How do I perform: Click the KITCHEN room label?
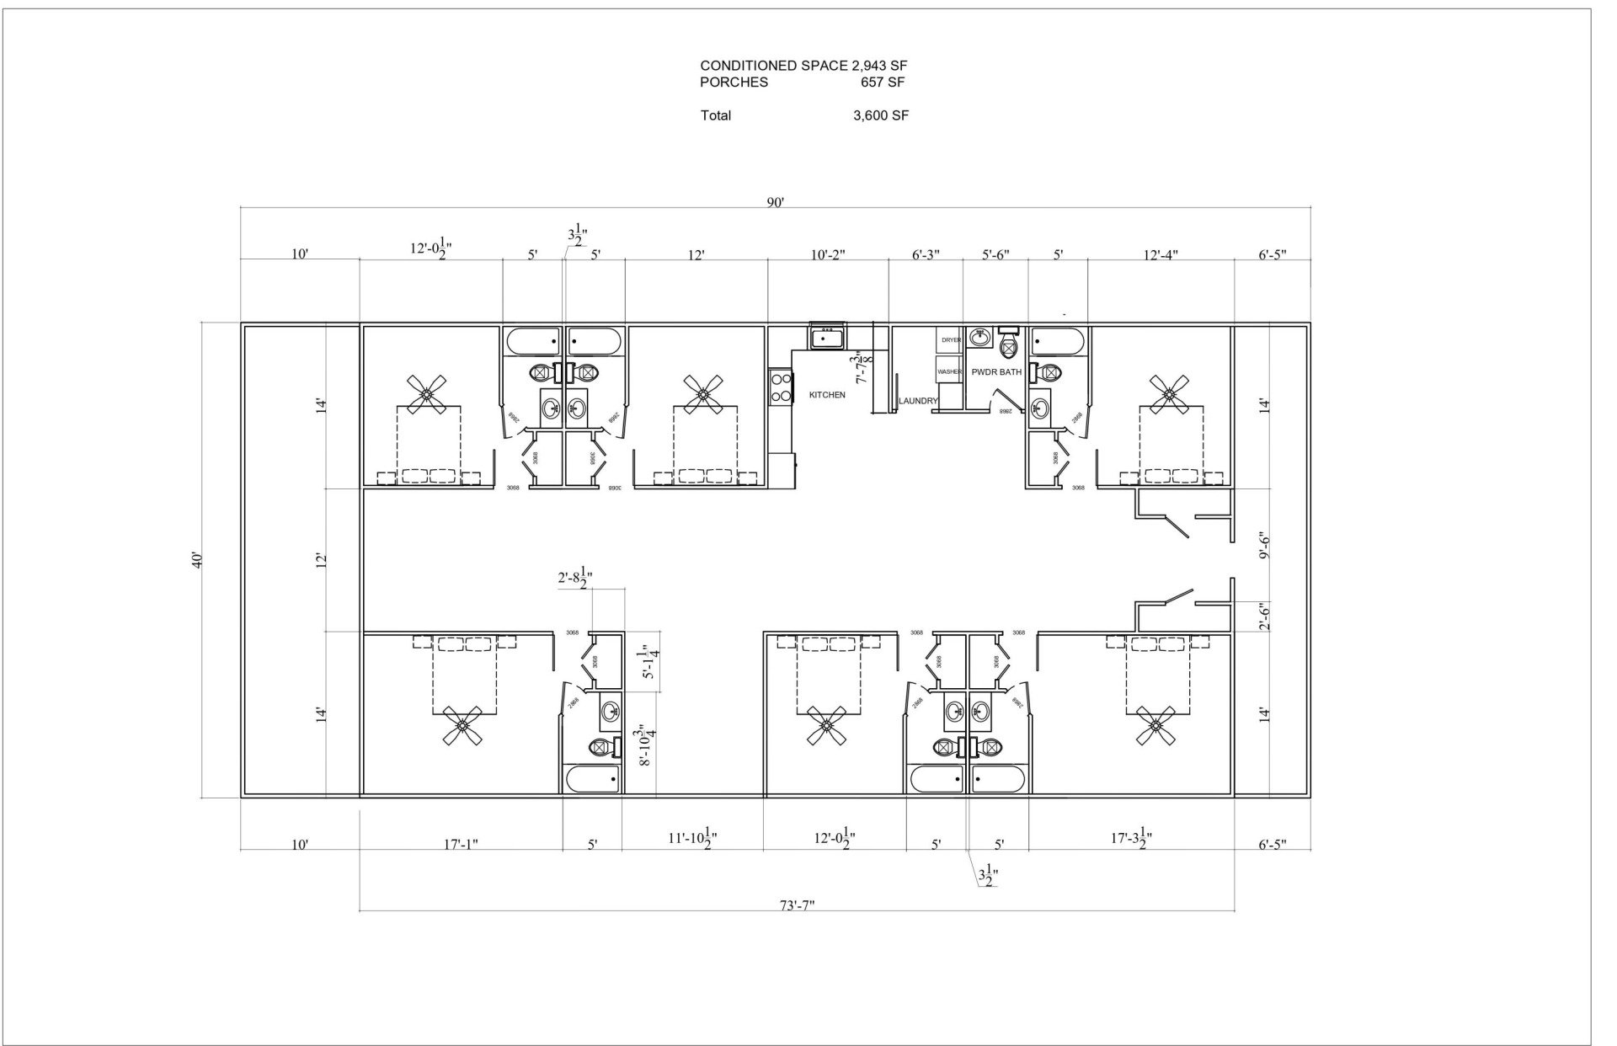pos(826,395)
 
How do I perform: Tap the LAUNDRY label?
pos(917,401)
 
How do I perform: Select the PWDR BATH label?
pos(995,371)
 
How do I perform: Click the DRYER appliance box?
pos(950,340)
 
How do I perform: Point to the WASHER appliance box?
pos(949,371)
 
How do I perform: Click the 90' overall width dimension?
pos(775,201)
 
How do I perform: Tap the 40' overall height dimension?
pos(196,560)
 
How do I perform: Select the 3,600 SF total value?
pos(880,116)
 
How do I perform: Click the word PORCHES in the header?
pos(734,83)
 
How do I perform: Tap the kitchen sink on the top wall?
pos(827,338)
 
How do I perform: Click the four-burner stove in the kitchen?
pos(781,388)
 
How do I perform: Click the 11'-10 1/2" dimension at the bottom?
pos(692,839)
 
